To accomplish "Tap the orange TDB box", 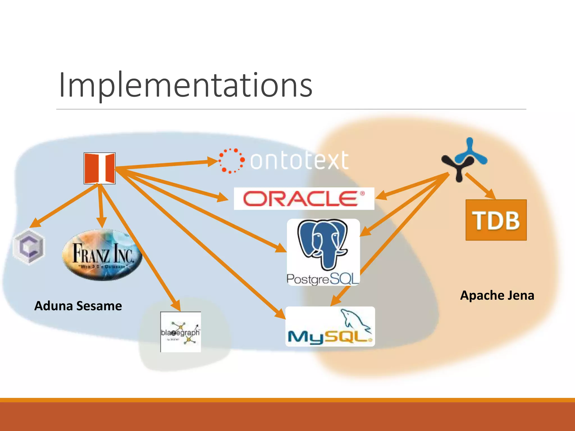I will click(x=496, y=220).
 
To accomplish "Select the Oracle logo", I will click(x=304, y=199).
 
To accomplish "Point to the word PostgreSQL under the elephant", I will click(x=323, y=279).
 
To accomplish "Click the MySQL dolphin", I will click(x=355, y=320).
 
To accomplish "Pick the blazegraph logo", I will click(x=181, y=332).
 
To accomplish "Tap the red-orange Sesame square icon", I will click(x=100, y=168).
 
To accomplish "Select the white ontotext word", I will click(x=299, y=161).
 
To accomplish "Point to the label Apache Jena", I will click(x=497, y=295).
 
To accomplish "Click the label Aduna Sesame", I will click(x=78, y=306).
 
